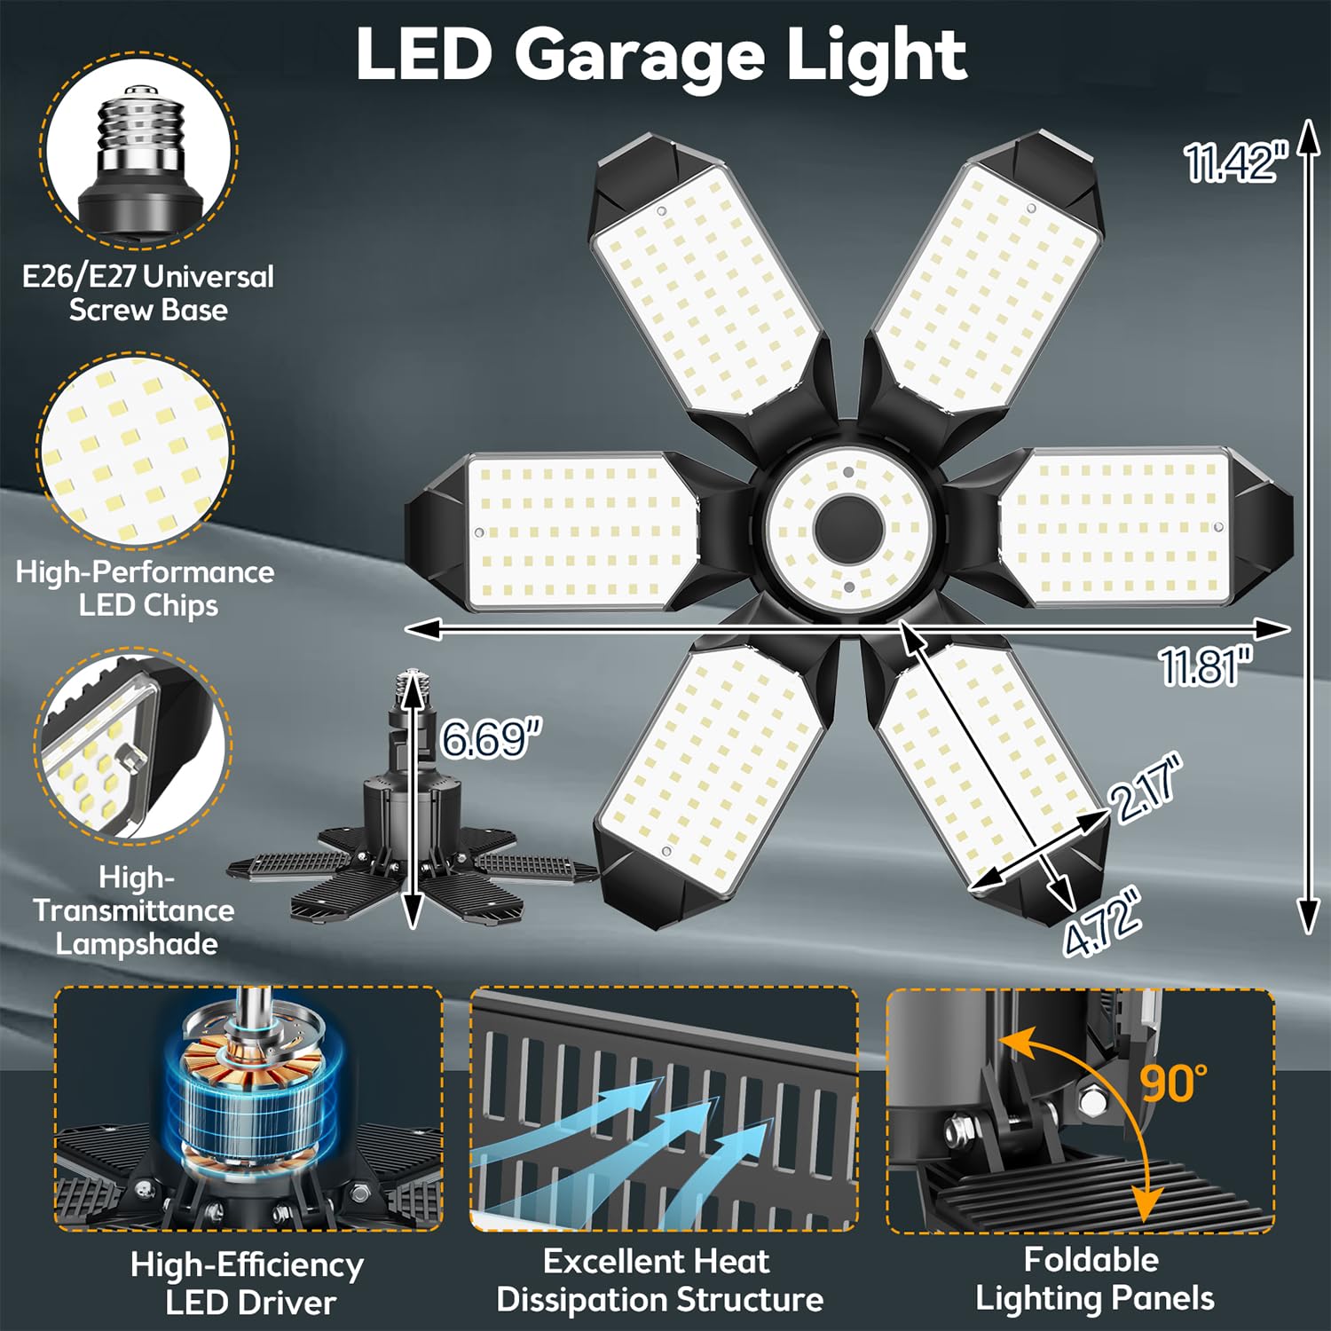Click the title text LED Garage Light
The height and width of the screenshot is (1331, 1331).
tap(661, 55)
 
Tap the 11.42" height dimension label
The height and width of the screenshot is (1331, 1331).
tap(1234, 163)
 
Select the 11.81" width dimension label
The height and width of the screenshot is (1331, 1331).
tap(1206, 665)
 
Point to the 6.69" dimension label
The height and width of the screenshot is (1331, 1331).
tap(491, 738)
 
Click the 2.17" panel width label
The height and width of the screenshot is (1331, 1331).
tap(1147, 788)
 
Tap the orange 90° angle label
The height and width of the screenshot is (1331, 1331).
tap(1173, 1082)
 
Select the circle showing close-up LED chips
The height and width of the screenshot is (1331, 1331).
tap(136, 449)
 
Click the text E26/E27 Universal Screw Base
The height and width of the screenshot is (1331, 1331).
tap(148, 293)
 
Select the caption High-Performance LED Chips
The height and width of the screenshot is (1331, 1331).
tap(146, 588)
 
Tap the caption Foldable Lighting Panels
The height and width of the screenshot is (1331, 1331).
tap(1094, 1279)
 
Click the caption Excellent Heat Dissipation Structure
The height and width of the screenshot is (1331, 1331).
tap(659, 1280)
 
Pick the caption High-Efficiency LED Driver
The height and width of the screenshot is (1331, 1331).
tap(248, 1283)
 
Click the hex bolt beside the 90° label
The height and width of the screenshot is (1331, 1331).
tap(1092, 1099)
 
